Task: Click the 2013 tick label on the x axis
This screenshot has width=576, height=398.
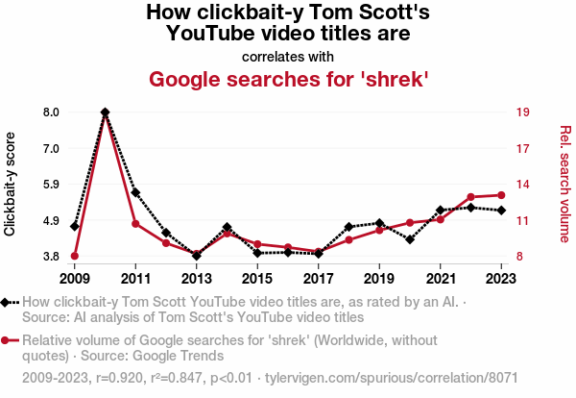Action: [197, 279]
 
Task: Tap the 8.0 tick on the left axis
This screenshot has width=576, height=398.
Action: [51, 112]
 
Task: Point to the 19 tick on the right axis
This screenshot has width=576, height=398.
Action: [523, 112]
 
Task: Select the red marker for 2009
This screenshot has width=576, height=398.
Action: [75, 256]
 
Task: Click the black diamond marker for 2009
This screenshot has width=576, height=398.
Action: [75, 226]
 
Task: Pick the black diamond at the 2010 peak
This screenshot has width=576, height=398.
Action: [105, 112]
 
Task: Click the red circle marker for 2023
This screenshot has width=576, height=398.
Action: [502, 195]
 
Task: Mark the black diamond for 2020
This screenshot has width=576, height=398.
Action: [410, 239]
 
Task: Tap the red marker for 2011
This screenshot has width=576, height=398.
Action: [135, 224]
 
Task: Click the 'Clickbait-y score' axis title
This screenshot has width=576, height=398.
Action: [11, 184]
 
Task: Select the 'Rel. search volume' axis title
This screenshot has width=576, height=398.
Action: [565, 184]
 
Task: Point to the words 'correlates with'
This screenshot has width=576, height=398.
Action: [287, 57]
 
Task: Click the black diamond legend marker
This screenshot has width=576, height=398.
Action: [7, 302]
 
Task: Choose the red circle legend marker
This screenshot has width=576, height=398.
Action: [7, 340]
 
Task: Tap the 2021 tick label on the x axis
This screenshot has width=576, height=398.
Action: [441, 279]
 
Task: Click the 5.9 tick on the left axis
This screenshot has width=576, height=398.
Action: [51, 185]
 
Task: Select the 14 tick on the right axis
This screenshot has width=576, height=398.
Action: [523, 185]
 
